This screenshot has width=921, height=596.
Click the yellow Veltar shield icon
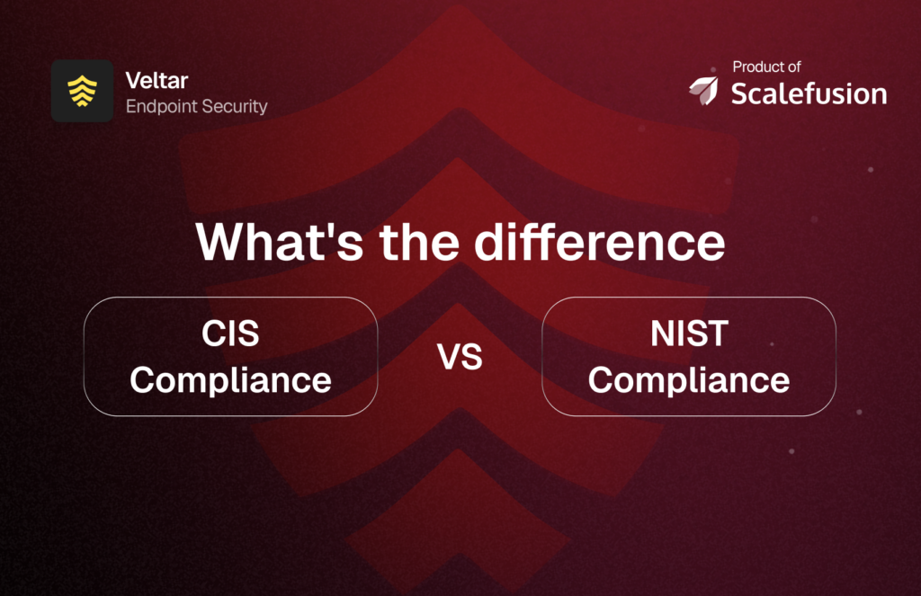click(x=82, y=91)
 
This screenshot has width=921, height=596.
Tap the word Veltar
click(x=156, y=82)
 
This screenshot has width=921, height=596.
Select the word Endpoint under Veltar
click(x=161, y=106)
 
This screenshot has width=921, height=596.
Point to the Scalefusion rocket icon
click(x=703, y=90)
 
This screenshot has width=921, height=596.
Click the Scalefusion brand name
click(x=809, y=93)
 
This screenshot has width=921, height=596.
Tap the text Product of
click(x=766, y=67)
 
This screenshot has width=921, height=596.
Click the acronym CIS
click(x=230, y=334)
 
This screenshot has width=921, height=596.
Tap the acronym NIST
click(x=689, y=334)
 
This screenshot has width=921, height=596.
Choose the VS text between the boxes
click(x=460, y=358)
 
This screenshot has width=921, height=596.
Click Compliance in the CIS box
click(x=230, y=380)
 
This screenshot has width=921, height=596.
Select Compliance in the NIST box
click(x=689, y=380)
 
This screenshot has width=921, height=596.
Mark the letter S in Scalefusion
click(x=739, y=93)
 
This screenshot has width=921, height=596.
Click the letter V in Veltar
click(x=132, y=82)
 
